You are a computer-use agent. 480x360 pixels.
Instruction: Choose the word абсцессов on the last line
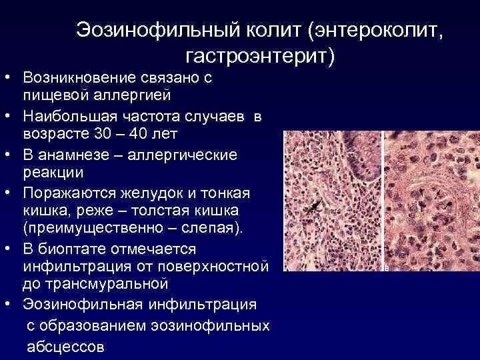(x=65, y=347)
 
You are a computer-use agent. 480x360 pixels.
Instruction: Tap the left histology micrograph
(x=333, y=200)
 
